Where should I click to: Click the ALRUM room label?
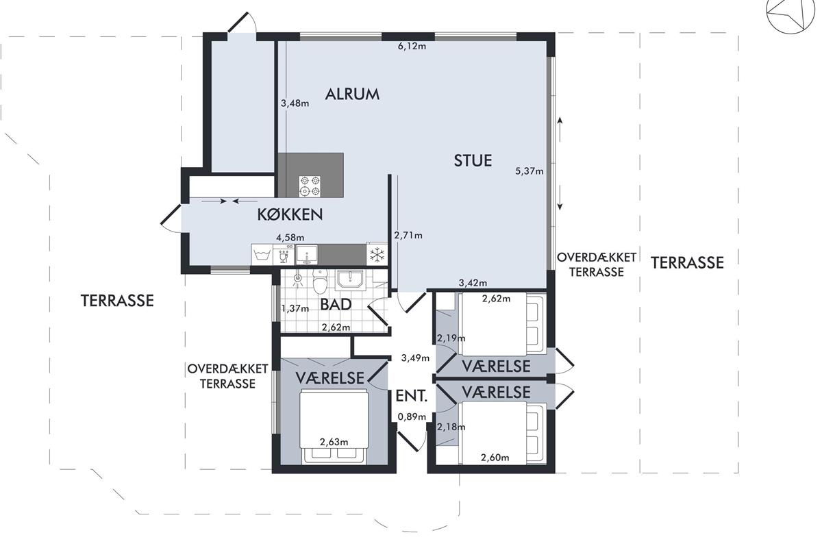coord(352,95)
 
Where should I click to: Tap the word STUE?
coord(473,161)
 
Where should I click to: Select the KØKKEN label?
coord(290,214)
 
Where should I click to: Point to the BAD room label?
coord(336,305)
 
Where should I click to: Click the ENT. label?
coord(412,397)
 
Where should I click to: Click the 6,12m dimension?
coord(412,47)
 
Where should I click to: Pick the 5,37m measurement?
coord(530,171)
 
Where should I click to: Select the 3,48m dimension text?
coord(295,103)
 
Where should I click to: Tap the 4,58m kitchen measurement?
coord(290,238)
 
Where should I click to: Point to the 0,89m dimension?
coord(412,416)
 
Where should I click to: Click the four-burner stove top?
coord(310,186)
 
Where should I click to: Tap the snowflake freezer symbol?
coord(377,254)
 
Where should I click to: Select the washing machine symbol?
coord(262,254)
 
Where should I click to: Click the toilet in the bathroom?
coord(320,282)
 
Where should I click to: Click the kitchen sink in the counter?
coord(306,255)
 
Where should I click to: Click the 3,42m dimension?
coord(473,283)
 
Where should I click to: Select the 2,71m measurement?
coord(408,235)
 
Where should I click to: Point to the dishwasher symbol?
coord(284,254)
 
